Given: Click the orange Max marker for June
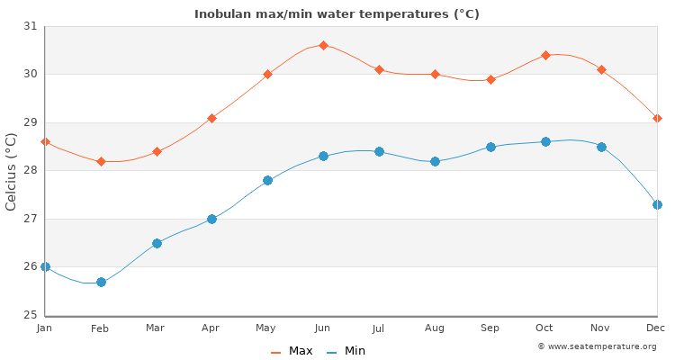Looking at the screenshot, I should [x=323, y=45].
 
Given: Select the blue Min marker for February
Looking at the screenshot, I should [x=101, y=282].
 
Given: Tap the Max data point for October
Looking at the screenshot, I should [x=545, y=55].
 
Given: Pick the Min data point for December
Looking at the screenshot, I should [x=657, y=204].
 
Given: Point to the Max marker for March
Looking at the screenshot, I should [x=157, y=151].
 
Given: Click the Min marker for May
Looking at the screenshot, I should [x=267, y=180].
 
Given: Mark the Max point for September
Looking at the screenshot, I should [x=490, y=79].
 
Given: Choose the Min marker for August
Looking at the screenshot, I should [x=435, y=161].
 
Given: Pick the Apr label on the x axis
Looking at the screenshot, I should [x=211, y=328].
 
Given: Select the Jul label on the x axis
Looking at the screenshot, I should [x=379, y=328].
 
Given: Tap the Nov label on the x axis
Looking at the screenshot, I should [x=601, y=328].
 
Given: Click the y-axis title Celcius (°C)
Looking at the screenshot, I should [x=12, y=171].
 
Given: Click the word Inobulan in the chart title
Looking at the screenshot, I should [x=222, y=14].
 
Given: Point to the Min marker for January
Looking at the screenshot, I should [x=45, y=266].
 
